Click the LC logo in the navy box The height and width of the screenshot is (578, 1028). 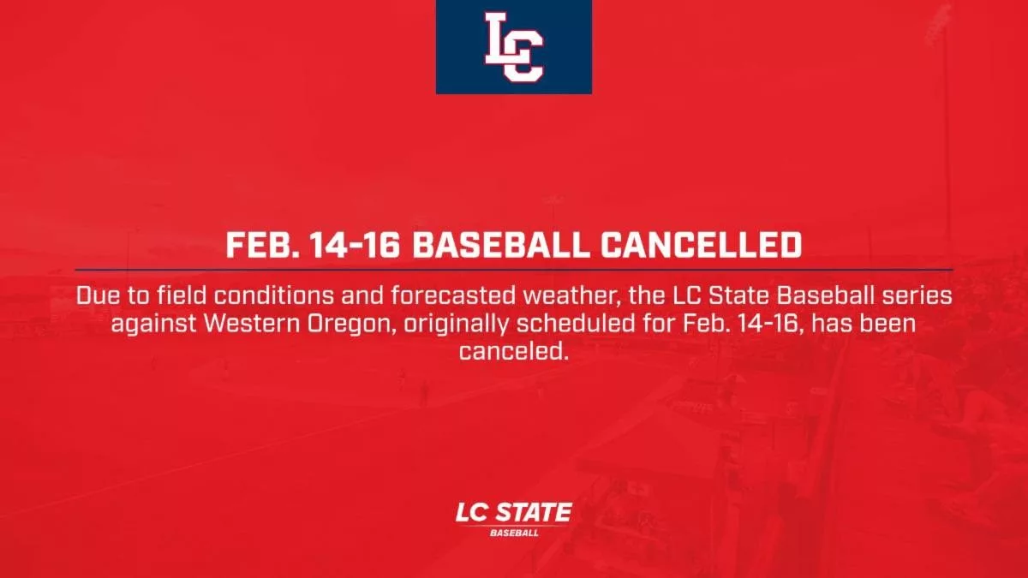pos(514,46)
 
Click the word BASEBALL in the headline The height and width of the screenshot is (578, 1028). pos(501,245)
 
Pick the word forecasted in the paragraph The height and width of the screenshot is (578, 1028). pos(453,296)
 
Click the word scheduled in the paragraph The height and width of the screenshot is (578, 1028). pos(576,324)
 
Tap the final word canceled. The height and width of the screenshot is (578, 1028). pos(514,352)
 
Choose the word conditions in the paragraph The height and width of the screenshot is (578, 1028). pos(273,296)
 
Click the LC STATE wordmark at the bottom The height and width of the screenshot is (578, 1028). pos(513,512)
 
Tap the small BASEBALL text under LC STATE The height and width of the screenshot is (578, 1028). pos(514,533)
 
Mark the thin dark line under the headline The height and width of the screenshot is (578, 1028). pos(514,270)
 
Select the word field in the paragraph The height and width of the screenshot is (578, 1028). pos(182,296)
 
